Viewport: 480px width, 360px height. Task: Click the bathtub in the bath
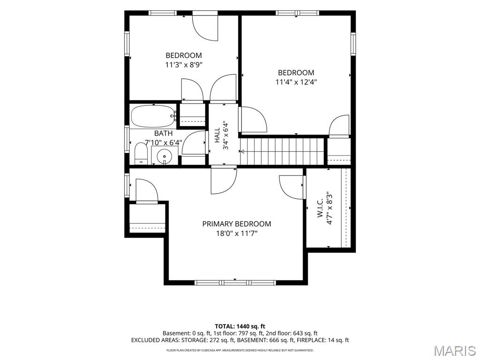[x=154, y=116]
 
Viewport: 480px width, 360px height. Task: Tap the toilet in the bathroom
[x=141, y=154]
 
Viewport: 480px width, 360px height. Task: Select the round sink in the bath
[x=165, y=157]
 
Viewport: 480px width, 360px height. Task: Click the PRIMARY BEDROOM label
[x=237, y=224]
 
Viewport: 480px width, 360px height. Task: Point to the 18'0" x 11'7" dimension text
[x=237, y=233]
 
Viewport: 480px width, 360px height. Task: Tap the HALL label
[x=217, y=135]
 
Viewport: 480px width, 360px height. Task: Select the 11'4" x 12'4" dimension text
[x=296, y=82]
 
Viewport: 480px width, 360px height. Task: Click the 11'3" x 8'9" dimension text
[x=184, y=65]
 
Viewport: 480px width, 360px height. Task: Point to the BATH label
[x=163, y=134]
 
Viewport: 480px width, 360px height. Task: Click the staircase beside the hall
[x=282, y=151]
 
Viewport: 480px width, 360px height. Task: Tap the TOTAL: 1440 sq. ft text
[x=240, y=326]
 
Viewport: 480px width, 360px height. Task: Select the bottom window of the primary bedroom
[x=235, y=283]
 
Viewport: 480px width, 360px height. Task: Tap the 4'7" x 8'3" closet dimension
[x=330, y=208]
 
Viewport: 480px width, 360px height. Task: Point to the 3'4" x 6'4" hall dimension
[x=226, y=135]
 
